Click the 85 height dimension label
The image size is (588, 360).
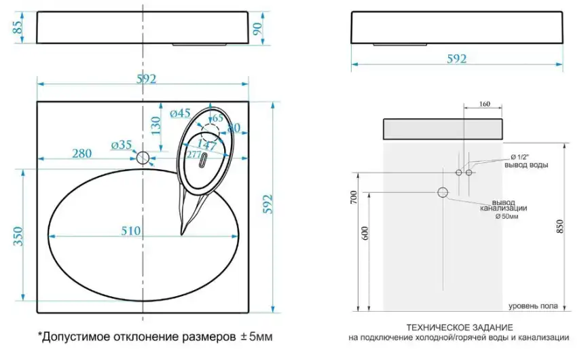point(18,27)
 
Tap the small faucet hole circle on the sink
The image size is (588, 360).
point(143,158)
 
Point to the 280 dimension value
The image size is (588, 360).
point(81,154)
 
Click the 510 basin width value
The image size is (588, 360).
point(131,231)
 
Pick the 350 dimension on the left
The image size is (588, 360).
point(18,234)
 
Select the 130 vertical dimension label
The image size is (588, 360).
point(155,126)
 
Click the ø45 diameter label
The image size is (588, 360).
point(180,114)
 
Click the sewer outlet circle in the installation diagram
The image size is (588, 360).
point(443,192)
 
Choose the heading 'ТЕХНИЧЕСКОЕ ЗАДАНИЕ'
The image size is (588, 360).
point(459,327)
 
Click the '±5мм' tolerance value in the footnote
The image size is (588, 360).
point(259,336)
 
